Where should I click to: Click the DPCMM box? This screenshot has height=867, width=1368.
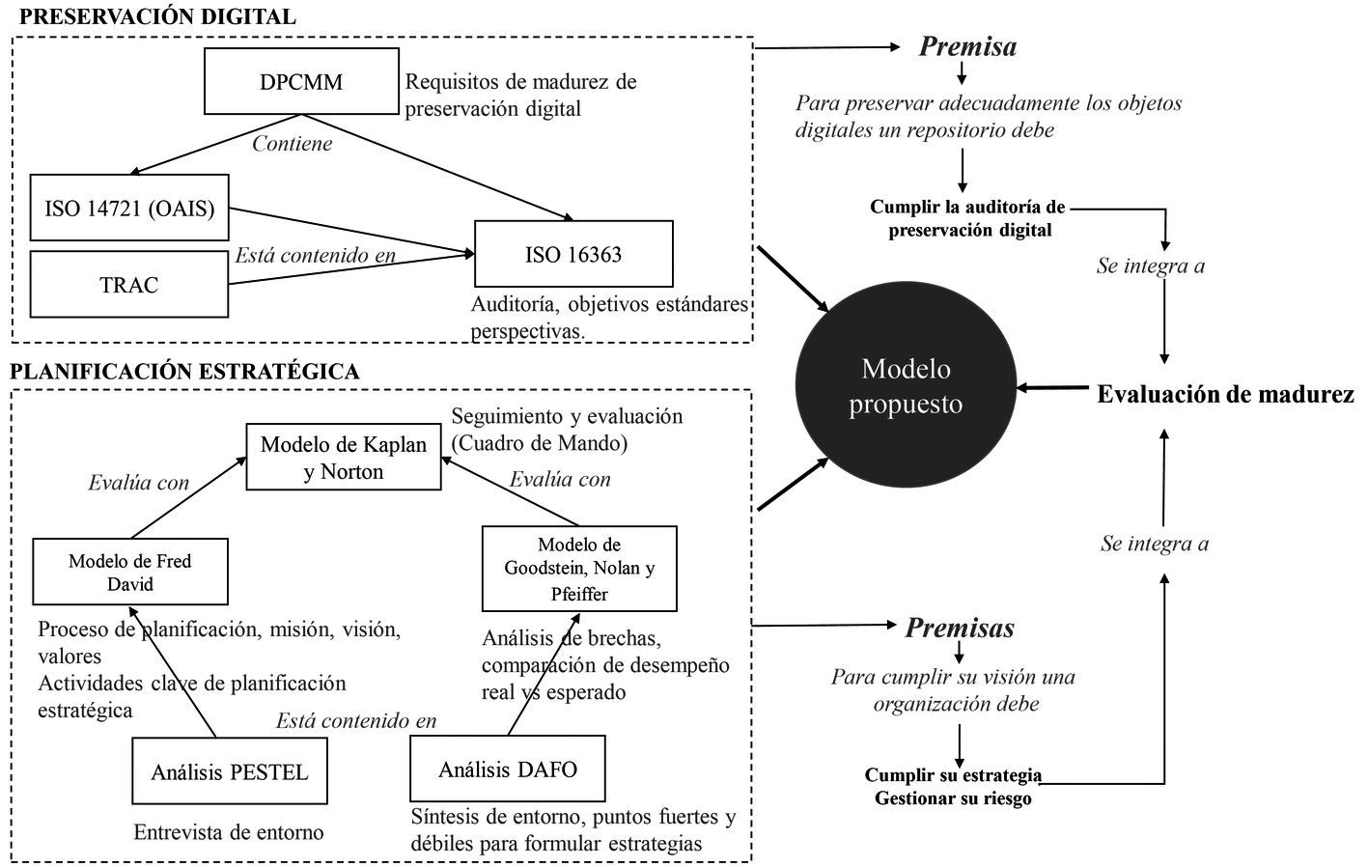[301, 82]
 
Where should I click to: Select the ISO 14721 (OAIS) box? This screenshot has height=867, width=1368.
[129, 208]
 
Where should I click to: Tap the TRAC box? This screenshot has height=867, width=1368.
[129, 285]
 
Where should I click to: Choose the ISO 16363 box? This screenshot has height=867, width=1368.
[573, 254]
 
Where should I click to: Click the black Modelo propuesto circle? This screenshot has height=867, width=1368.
[906, 386]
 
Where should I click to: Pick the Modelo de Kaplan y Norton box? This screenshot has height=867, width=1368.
[344, 458]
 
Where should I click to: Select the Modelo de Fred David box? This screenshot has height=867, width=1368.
[130, 573]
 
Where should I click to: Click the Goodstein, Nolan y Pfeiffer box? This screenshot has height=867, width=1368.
[579, 569]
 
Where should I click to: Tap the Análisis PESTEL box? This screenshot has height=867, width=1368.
[230, 771]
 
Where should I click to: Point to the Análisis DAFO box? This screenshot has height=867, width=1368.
[508, 769]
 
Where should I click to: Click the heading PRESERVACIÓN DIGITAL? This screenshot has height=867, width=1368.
[157, 16]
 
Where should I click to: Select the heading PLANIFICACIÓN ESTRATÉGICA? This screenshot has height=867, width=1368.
[184, 372]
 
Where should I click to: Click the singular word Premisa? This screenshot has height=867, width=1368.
[967, 46]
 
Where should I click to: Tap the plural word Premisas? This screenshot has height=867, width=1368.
[960, 629]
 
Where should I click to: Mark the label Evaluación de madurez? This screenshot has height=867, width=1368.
[1225, 394]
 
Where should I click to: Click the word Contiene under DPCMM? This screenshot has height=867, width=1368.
[293, 144]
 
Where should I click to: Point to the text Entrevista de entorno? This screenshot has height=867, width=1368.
[229, 832]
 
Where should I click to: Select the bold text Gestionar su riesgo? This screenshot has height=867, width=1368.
[953, 798]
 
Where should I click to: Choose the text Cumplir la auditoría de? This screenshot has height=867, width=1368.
[967, 207]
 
